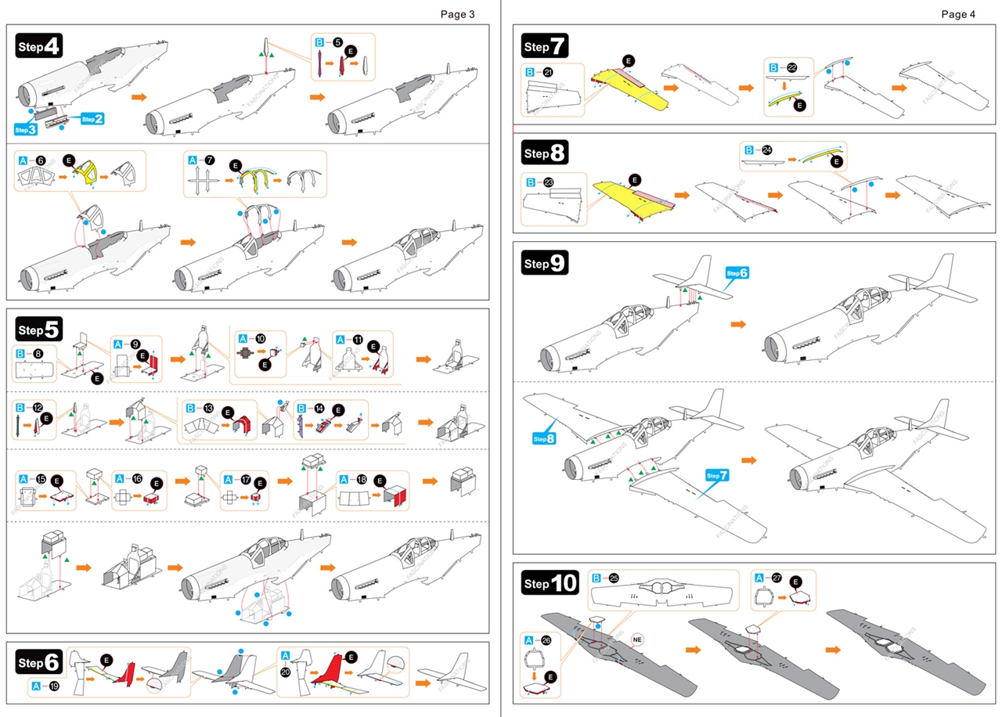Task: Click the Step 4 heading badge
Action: pyautogui.click(x=38, y=46)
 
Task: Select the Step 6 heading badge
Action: pyautogui.click(x=38, y=662)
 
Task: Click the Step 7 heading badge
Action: pyautogui.click(x=546, y=46)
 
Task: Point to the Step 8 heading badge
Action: pyautogui.click(x=546, y=153)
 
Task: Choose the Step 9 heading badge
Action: pyautogui.click(x=545, y=264)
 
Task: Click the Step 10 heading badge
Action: pyautogui.click(x=550, y=583)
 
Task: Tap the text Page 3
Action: pyautogui.click(x=457, y=13)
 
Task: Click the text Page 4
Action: pyautogui.click(x=958, y=13)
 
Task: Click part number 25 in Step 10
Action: pyautogui.click(x=615, y=578)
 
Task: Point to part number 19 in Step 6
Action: pyautogui.click(x=54, y=686)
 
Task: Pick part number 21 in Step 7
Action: pyautogui.click(x=550, y=72)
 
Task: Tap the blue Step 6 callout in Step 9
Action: pyautogui.click(x=737, y=272)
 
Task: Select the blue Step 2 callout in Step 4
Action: pyautogui.click(x=92, y=118)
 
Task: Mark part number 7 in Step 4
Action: pyautogui.click(x=210, y=160)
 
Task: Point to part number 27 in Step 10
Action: pyautogui.click(x=777, y=578)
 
